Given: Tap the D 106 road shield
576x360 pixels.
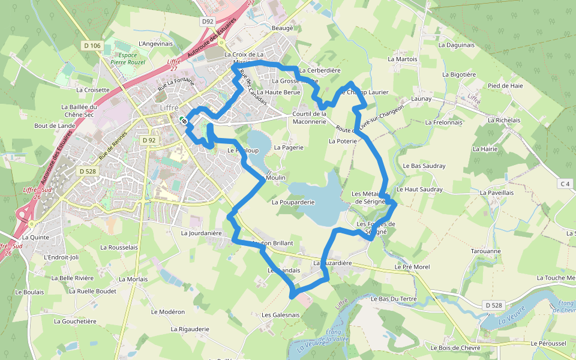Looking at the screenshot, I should [91, 46].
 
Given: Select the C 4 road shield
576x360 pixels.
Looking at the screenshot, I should [565, 184].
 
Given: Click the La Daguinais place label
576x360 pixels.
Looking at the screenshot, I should [456, 44].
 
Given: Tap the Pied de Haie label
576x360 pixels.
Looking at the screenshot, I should [505, 86].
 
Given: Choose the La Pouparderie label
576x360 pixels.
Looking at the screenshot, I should [293, 202].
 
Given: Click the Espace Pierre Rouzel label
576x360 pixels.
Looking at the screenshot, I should [128, 58].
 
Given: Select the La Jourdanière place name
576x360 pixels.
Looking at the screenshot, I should [202, 233].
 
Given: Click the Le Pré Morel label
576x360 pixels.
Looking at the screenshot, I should [412, 266].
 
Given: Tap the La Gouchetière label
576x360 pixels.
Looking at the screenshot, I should [75, 321].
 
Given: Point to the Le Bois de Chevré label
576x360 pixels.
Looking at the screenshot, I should [456, 347].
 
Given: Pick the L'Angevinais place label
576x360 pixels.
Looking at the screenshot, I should [155, 44].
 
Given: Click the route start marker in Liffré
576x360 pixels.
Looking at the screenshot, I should [185, 121].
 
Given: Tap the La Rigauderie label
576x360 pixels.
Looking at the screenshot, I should [190, 329].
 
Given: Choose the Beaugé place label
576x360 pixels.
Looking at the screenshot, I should [282, 28].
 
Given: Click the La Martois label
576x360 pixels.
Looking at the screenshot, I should [403, 59].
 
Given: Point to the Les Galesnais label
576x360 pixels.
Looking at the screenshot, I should [280, 315].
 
